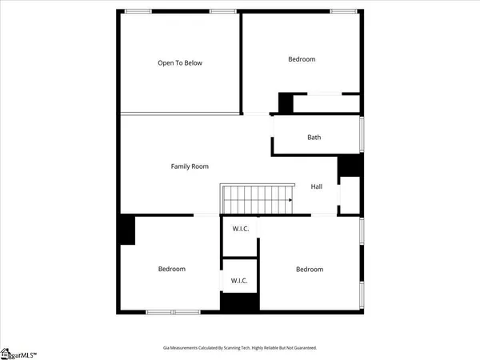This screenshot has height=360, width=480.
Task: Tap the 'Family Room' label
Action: [x=190, y=166]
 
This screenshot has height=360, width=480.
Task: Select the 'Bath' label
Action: [x=314, y=138]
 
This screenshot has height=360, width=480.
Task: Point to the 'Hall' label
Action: [x=317, y=186]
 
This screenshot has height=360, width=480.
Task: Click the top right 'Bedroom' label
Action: [x=302, y=59]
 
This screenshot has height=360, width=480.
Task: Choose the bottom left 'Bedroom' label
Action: [x=171, y=269]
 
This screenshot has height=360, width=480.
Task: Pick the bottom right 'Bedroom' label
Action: [x=310, y=270]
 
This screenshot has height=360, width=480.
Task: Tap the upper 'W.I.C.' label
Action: [x=240, y=230]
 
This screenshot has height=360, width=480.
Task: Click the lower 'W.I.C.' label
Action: [x=238, y=280]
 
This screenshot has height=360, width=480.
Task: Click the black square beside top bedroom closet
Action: [x=286, y=102]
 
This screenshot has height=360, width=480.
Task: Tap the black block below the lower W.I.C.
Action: [x=238, y=303]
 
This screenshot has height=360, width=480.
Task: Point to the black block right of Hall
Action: [x=349, y=166]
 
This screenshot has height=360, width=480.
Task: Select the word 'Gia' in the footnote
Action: [x=166, y=348]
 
